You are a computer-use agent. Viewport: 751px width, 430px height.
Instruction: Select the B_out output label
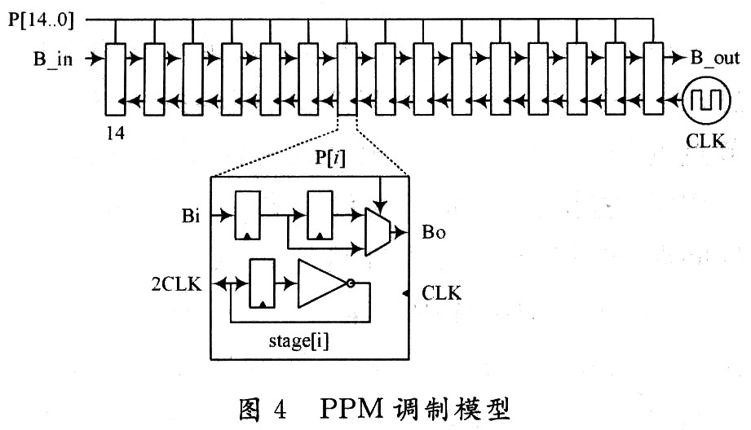(715, 59)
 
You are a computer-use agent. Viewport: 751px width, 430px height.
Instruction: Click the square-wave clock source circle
(705, 99)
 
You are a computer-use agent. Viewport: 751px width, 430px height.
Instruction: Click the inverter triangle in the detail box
(323, 283)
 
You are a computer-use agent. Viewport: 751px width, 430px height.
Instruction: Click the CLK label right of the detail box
(442, 293)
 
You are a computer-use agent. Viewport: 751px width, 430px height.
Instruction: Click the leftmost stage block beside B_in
(116, 80)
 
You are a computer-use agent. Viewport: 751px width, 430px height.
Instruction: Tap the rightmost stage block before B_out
(654, 80)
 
